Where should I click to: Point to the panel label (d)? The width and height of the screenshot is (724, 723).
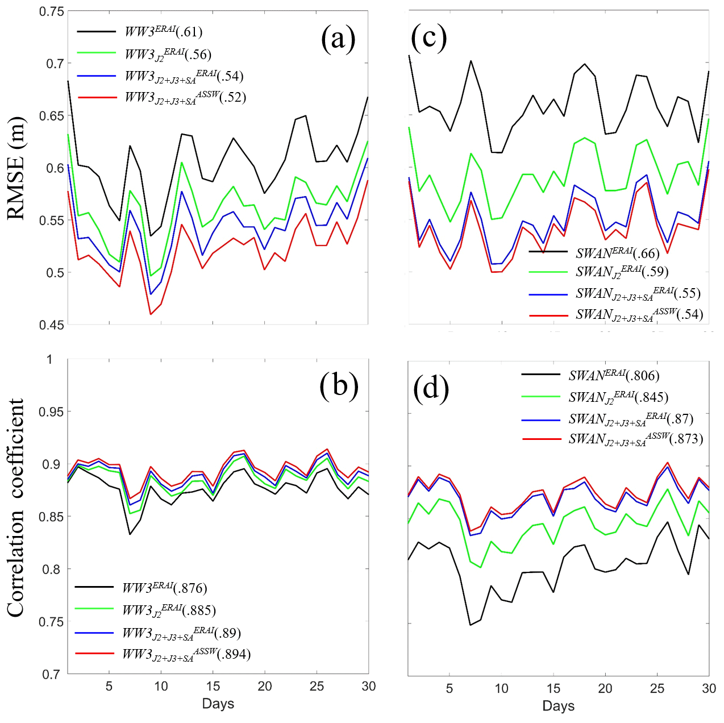point(431,388)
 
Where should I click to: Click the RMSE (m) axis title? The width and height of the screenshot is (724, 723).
point(16,168)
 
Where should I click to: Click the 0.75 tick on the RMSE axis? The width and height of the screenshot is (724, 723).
point(51,11)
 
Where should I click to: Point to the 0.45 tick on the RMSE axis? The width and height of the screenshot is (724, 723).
point(51,325)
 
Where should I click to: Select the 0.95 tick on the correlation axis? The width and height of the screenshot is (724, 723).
point(51,412)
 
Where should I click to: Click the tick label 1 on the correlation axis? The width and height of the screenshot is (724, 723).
point(49,359)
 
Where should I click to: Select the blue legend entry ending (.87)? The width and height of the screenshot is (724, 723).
point(631,419)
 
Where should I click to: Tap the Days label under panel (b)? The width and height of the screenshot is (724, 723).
point(218,704)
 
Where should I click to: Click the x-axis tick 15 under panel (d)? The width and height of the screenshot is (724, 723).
point(554,689)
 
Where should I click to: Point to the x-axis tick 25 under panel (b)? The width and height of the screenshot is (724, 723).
point(317,687)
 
